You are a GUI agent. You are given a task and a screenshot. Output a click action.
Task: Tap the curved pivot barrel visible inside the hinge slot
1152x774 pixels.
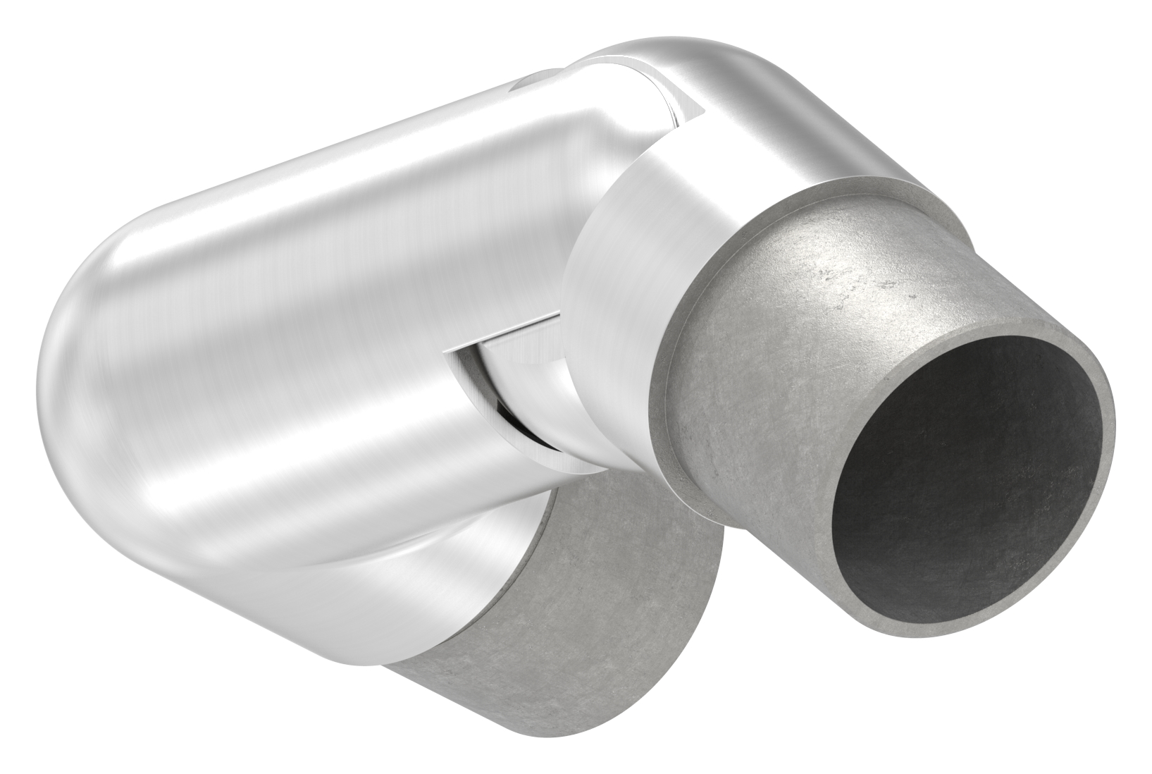[x=535, y=395]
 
